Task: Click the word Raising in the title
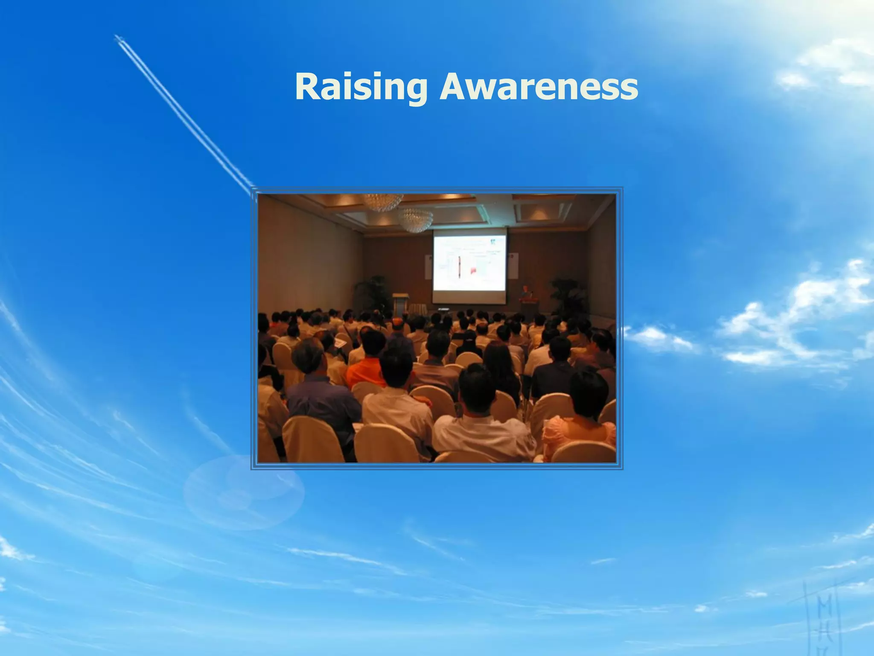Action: [361, 88]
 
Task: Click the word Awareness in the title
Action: [539, 88]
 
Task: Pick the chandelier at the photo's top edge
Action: [383, 202]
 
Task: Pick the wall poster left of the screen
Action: [428, 267]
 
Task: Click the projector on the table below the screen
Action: [443, 308]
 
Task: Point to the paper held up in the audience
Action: [341, 343]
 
